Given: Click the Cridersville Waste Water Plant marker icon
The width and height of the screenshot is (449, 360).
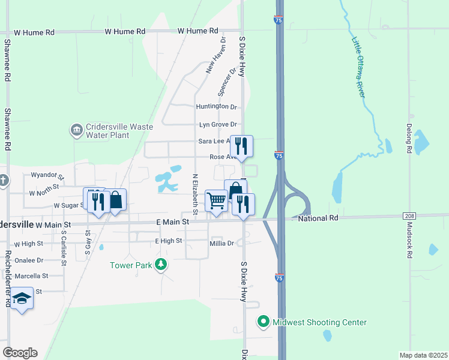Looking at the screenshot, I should pos(76,130).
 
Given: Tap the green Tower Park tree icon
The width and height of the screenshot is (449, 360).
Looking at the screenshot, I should pos(160,265).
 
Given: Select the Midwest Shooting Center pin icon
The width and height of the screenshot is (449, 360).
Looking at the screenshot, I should pos(263,322).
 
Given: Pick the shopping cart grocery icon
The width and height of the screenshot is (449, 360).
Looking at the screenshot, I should pos(216,200).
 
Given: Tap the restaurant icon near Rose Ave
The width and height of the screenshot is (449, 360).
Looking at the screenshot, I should pos(241,146).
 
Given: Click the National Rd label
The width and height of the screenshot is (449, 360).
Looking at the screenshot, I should pos(318,218).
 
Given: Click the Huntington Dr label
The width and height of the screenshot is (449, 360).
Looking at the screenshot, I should pos(217,107).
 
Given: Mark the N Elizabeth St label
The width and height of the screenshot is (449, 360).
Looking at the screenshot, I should pos(195,194).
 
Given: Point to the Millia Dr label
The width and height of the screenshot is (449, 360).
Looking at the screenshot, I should pos(221,243).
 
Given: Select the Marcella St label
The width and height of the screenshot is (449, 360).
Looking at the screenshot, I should pos(32,276).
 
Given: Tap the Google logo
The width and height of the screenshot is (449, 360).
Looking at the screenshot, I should pos(20,352).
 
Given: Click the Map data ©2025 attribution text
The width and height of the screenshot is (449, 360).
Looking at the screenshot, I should pos(423,355).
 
